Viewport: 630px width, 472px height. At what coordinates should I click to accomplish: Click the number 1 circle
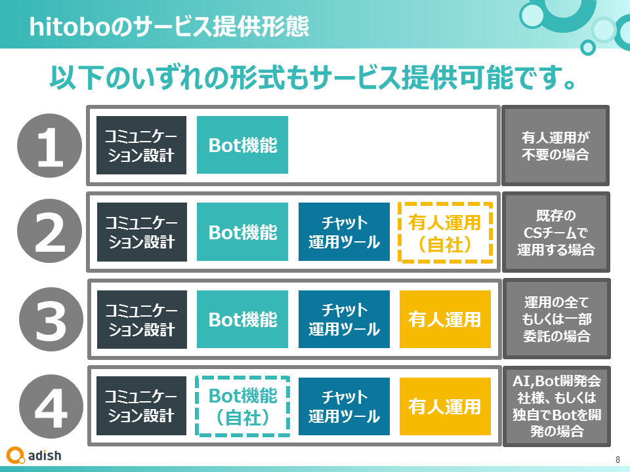(49, 146)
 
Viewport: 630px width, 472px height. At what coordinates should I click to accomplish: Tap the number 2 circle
(49, 231)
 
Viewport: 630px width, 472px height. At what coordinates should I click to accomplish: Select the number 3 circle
(51, 319)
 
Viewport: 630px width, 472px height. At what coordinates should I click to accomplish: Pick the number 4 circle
(51, 406)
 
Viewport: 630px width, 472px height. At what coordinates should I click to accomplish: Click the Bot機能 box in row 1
(242, 145)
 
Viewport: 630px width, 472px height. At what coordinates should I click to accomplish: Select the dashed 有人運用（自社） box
(445, 233)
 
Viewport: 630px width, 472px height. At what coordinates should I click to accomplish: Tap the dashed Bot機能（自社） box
(243, 406)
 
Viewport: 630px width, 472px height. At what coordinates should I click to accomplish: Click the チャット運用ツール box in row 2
(344, 232)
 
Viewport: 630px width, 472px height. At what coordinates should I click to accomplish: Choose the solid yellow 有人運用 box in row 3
(445, 319)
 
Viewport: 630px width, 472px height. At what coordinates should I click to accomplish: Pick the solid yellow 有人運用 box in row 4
(445, 406)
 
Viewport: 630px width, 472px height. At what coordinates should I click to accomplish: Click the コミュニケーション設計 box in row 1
(142, 146)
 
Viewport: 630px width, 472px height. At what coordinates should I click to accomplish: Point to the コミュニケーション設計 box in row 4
(142, 406)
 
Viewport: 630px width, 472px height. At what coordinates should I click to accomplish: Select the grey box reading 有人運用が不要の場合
(556, 146)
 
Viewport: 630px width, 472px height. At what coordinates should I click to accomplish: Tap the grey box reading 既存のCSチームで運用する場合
(556, 232)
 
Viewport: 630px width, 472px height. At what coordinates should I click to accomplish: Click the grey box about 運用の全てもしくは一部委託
(557, 319)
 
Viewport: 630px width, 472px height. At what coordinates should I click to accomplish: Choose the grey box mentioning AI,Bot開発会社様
(557, 406)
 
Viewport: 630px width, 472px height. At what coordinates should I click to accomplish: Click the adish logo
(34, 456)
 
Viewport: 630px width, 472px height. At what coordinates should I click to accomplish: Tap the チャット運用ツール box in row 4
(344, 406)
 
